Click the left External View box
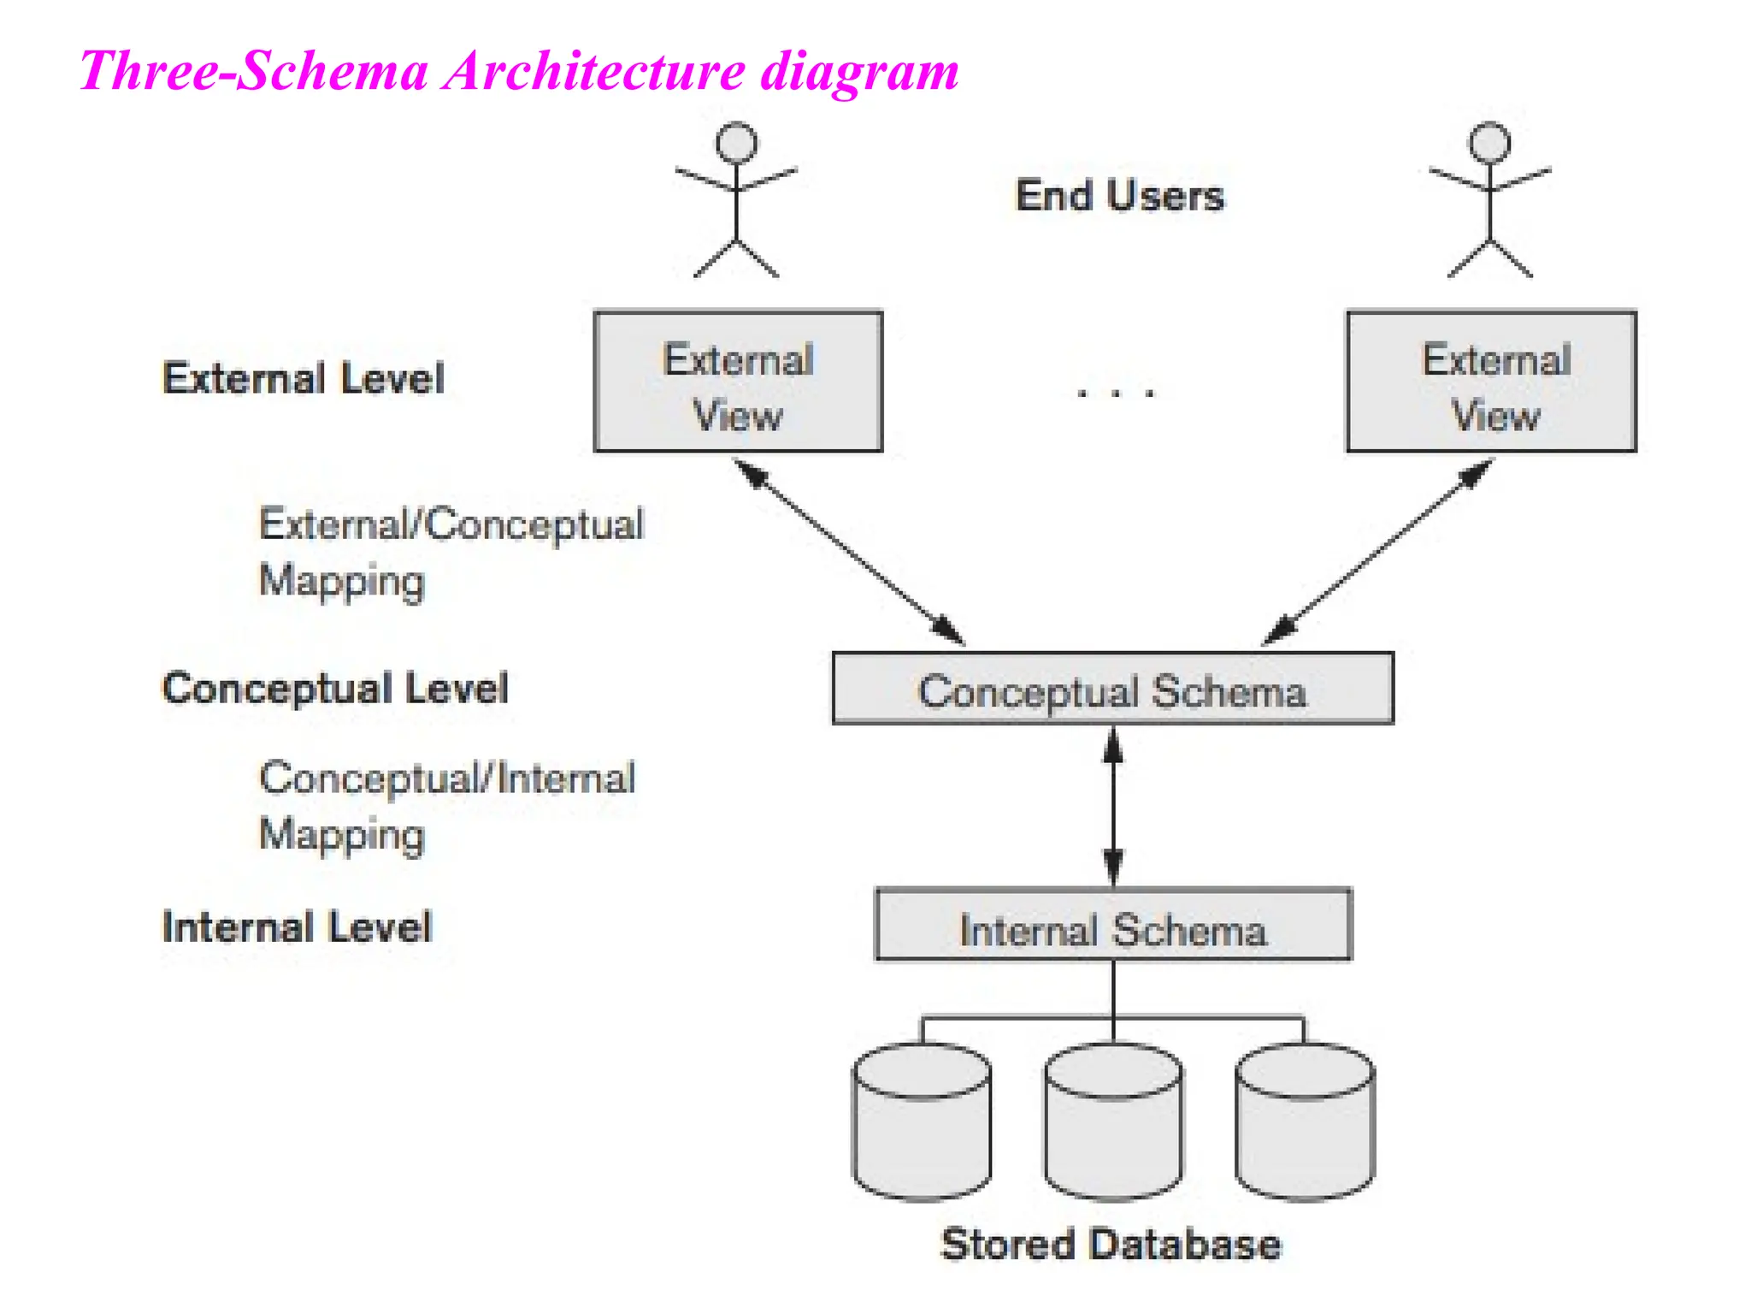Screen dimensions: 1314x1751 click(738, 382)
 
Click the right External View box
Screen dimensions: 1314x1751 click(1491, 382)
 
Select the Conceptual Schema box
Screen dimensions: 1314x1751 click(1112, 690)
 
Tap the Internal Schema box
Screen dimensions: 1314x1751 click(1112, 926)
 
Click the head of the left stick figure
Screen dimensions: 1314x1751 click(736, 142)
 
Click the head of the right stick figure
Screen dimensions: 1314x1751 click(1489, 142)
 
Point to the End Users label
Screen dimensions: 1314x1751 click(1119, 196)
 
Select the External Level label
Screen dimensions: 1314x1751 click(304, 378)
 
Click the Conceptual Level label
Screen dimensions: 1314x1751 click(335, 689)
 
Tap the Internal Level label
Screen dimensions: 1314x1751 click(298, 927)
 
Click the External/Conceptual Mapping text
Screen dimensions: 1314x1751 click(450, 553)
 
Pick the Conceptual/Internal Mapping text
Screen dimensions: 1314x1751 click(446, 807)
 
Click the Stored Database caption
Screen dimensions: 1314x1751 click(1111, 1245)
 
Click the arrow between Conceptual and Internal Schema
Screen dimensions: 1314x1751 click(1112, 807)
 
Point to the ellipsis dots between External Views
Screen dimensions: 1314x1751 click(1115, 394)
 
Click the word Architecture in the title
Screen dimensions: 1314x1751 click(595, 71)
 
